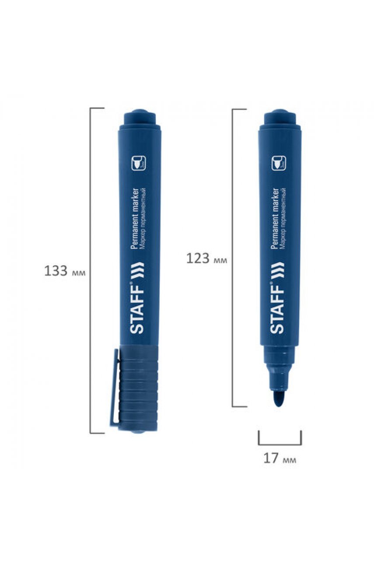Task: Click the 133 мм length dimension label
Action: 65,271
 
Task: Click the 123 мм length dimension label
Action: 206,258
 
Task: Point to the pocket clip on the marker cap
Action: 114,389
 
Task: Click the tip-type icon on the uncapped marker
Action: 279,163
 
